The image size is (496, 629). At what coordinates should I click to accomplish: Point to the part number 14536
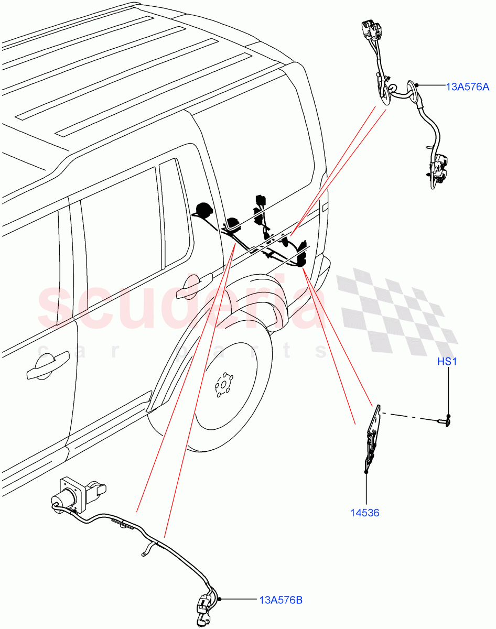[x=365, y=513]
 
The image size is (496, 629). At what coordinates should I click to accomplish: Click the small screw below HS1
[x=444, y=421]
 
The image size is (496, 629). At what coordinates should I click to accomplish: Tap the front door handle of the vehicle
[x=47, y=365]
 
